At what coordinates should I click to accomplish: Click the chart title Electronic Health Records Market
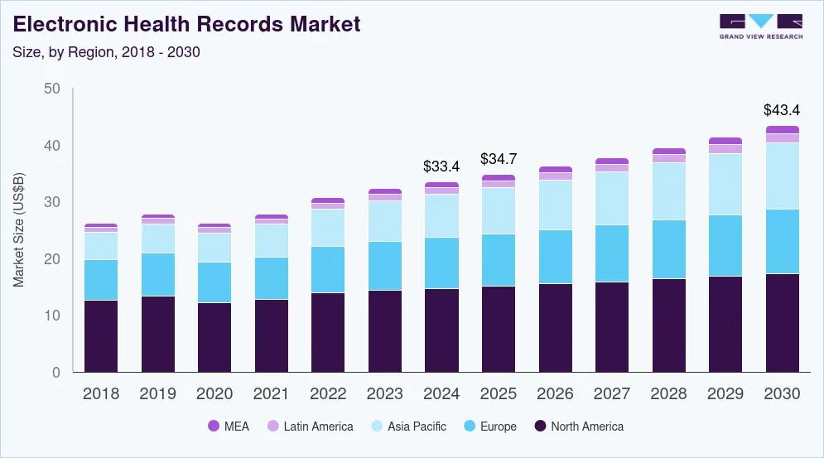[x=187, y=24]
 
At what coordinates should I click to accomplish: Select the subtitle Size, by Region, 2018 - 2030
[x=106, y=51]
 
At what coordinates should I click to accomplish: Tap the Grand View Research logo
[x=760, y=27]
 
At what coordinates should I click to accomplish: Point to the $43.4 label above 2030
[x=782, y=110]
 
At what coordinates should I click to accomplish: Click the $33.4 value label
[x=441, y=166]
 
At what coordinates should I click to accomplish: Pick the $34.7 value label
[x=498, y=159]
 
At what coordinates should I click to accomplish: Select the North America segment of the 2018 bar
[x=100, y=335]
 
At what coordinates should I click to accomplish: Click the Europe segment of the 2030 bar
[x=782, y=241]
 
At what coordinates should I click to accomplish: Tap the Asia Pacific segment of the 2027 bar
[x=611, y=198]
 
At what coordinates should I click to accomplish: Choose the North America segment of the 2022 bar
[x=327, y=332]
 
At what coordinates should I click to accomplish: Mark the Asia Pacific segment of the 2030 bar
[x=782, y=176]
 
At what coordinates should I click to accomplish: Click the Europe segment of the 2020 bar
[x=214, y=282]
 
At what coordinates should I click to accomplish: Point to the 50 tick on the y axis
[x=51, y=89]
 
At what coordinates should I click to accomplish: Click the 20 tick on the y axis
[x=51, y=259]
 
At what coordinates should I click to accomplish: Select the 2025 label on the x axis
[x=498, y=394]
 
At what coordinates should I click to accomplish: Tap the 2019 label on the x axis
[x=157, y=394]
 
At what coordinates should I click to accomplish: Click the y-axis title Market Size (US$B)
[x=19, y=229]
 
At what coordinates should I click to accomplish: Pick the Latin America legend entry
[x=310, y=427]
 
